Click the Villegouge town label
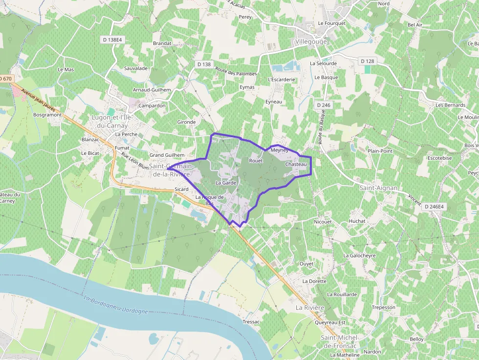[311, 42]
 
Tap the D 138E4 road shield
[112, 39]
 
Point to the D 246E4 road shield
[434, 207]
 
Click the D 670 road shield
[5, 78]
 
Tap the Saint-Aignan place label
[378, 188]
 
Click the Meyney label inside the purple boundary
[279, 150]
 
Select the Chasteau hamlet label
[295, 165]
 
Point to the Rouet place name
[256, 160]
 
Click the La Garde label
[226, 183]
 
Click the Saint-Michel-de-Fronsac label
[340, 341]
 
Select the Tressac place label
[251, 322]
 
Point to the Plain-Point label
[380, 151]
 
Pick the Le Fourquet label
[331, 23]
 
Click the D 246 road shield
[324, 105]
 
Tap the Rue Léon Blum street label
[134, 161]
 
